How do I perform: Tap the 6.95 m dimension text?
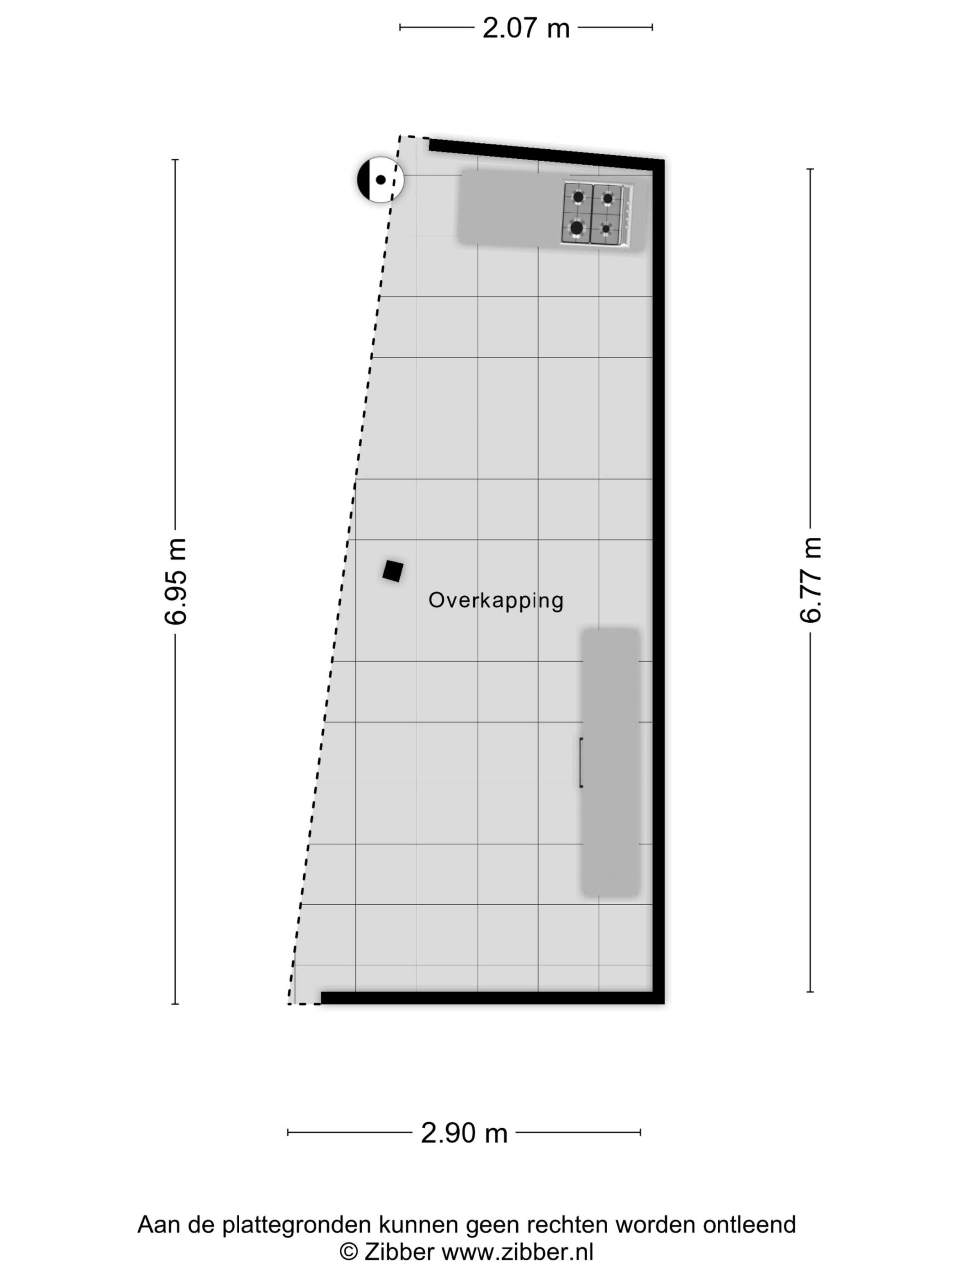[176, 581]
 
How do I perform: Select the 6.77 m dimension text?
[810, 580]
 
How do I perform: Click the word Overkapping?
[495, 601]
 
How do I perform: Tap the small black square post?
[393, 571]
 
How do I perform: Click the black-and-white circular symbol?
[380, 179]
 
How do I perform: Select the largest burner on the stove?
[576, 227]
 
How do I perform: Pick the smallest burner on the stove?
[606, 228]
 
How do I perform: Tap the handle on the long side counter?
[581, 762]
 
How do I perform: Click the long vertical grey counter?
[610, 762]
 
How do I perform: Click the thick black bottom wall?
[492, 998]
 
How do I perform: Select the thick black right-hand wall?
[658, 581]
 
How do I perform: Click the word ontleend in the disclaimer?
[749, 1224]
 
